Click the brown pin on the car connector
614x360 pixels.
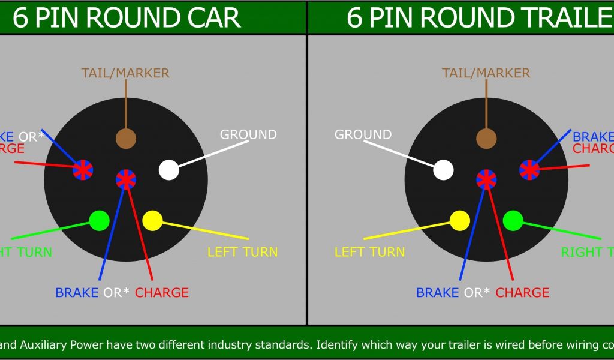[126, 138]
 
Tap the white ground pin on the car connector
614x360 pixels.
[169, 170]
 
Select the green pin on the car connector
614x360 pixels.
[99, 220]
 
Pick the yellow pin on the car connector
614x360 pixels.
[152, 220]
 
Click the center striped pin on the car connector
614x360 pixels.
[126, 179]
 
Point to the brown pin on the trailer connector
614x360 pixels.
[486, 138]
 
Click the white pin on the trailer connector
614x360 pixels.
[443, 170]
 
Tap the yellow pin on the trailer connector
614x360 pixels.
[460, 220]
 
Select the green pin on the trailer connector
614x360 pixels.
[513, 220]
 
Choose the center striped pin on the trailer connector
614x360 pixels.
[486, 179]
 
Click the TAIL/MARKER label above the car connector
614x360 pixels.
[125, 73]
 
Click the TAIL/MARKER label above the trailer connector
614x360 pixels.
[486, 73]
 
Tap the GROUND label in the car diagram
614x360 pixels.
[248, 134]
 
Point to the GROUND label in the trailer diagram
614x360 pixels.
[363, 134]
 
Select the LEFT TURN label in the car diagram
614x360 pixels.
[243, 252]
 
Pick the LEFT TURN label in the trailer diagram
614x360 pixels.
[369, 252]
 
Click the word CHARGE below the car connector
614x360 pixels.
[162, 293]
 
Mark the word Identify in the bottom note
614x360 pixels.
[339, 345]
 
